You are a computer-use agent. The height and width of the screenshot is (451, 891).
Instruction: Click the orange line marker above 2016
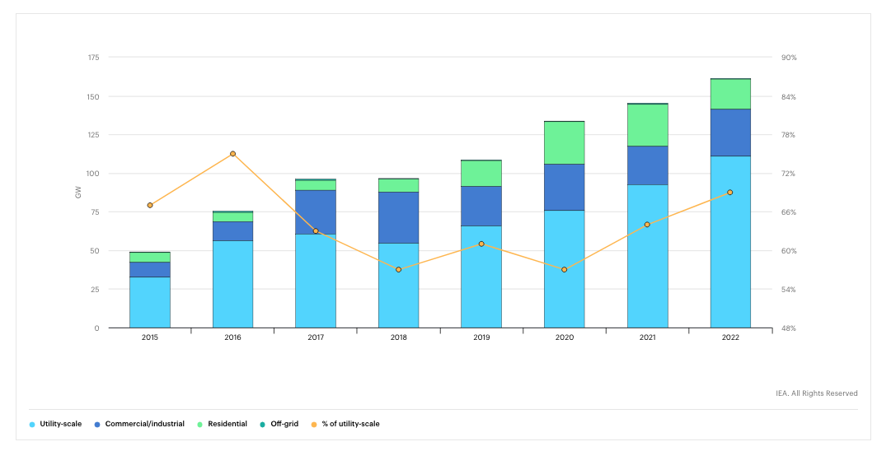point(232,154)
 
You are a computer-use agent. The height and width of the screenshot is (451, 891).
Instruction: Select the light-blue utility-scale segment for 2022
point(730,242)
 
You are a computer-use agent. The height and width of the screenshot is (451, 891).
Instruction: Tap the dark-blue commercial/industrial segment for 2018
point(398,218)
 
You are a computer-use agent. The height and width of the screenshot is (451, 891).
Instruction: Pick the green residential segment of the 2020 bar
point(565,143)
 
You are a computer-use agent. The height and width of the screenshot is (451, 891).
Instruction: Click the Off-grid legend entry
point(279,424)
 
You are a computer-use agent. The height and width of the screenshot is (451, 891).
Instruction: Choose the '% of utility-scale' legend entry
point(345,424)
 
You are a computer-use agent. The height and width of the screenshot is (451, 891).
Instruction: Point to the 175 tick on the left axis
point(93,58)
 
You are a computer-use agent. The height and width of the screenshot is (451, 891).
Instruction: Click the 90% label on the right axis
point(789,58)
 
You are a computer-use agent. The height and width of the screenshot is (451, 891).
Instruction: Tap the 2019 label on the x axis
point(481,337)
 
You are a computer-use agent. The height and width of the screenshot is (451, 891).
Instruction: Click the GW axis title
point(78,193)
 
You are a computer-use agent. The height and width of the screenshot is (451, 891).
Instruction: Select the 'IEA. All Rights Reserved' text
point(817,393)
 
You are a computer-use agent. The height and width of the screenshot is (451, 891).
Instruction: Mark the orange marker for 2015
point(150,206)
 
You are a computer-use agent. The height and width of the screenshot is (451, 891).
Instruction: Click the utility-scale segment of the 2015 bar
point(150,302)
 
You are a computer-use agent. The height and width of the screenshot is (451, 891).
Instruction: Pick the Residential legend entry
point(223,424)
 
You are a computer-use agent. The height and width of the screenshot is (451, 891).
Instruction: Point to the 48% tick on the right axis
point(789,328)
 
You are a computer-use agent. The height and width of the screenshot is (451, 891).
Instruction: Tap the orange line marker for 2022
point(730,193)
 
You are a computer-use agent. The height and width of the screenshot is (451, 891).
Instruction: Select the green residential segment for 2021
point(647,125)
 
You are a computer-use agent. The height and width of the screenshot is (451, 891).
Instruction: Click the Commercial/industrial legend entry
point(139,424)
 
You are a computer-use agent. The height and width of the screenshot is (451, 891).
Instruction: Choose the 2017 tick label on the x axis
point(316,337)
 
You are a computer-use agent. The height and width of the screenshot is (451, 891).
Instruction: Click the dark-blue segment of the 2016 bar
point(232,231)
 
